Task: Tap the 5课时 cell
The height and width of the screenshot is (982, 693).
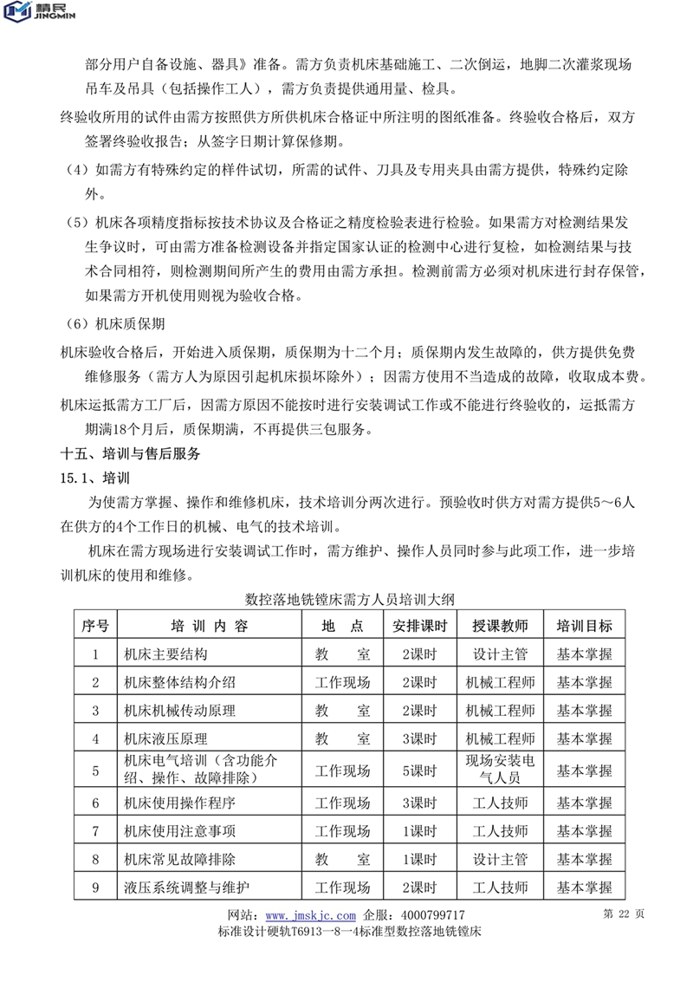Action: click(x=419, y=770)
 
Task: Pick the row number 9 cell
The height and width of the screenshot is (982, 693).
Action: click(x=95, y=887)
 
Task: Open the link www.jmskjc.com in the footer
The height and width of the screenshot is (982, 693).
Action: click(x=310, y=915)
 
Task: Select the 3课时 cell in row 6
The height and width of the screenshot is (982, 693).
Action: click(x=419, y=802)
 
